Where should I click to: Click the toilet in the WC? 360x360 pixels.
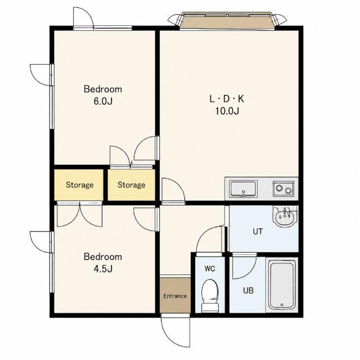click(210, 296)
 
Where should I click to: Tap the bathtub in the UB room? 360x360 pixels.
click(282, 285)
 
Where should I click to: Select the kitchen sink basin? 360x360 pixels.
click(244, 189)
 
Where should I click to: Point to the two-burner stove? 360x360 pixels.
click(283, 189)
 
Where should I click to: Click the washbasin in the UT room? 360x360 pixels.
click(285, 216)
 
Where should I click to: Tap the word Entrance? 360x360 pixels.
click(175, 296)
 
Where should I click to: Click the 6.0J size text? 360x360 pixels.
click(103, 101)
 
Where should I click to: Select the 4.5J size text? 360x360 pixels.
click(103, 269)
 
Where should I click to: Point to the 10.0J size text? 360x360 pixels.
click(227, 111)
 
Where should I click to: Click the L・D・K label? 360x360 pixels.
click(227, 99)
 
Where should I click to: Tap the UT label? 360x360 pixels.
click(258, 232)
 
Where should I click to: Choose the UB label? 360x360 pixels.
click(248, 291)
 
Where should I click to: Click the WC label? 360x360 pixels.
click(210, 268)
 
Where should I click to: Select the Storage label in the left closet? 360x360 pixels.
click(80, 185)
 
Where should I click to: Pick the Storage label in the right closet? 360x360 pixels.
click(131, 185)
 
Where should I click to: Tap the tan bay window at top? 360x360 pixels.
click(227, 21)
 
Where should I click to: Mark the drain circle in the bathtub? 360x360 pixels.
click(282, 305)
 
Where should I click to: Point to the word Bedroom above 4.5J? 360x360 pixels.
click(103, 256)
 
